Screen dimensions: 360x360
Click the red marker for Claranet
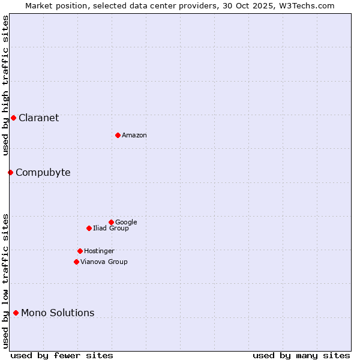pyautogui.click(x=13, y=118)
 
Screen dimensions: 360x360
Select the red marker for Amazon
pyautogui.click(x=118, y=135)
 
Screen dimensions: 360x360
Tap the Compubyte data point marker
pyautogui.click(x=10, y=172)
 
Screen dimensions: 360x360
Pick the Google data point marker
pyautogui.click(x=111, y=222)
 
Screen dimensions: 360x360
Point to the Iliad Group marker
pyautogui.click(x=89, y=228)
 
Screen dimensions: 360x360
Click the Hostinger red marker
pyautogui.click(x=80, y=251)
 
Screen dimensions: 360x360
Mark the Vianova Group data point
pyautogui.click(x=76, y=262)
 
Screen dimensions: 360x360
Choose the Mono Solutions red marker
pyautogui.click(x=16, y=313)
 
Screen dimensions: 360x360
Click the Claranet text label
pyautogui.click(x=38, y=118)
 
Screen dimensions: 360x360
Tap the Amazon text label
pyautogui.click(x=134, y=135)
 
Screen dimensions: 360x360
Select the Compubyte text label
pyautogui.click(x=43, y=172)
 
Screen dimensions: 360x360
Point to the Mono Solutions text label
pyautogui.click(x=58, y=313)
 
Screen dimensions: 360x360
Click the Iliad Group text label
pyautogui.click(x=110, y=228)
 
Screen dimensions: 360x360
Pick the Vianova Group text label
pyautogui.click(x=104, y=262)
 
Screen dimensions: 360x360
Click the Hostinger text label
pyautogui.click(x=99, y=251)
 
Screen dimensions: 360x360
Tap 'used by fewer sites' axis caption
pyautogui.click(x=62, y=355)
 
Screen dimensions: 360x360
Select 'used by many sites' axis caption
pyautogui.click(x=301, y=355)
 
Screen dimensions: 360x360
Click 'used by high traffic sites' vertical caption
pyautogui.click(x=5, y=85)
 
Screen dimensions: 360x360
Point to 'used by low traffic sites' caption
pyautogui.click(x=5, y=280)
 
